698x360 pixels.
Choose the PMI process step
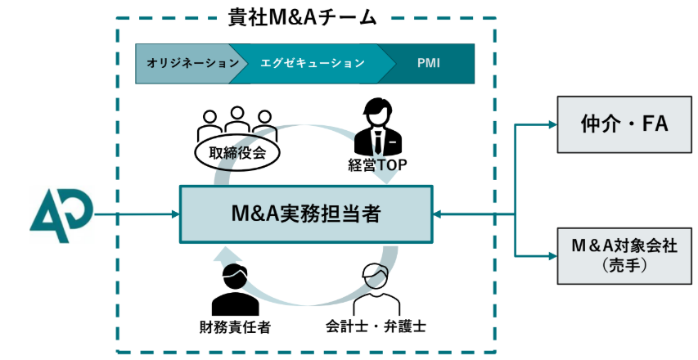pos(428,63)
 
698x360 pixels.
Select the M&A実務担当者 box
pos(305,214)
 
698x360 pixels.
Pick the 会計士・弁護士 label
pos(375,327)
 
